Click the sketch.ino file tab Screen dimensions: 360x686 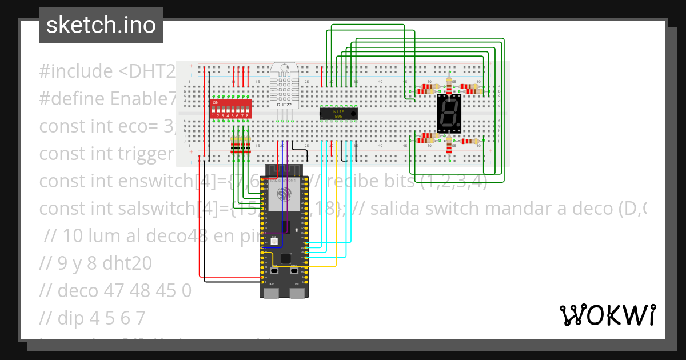click(x=101, y=25)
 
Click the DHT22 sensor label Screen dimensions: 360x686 click(x=285, y=105)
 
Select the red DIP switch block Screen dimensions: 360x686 click(x=231, y=109)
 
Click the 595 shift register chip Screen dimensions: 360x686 click(x=338, y=113)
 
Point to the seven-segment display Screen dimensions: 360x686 click(x=449, y=111)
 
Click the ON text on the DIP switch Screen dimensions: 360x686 click(x=216, y=103)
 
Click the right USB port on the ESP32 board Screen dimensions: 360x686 click(x=297, y=293)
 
